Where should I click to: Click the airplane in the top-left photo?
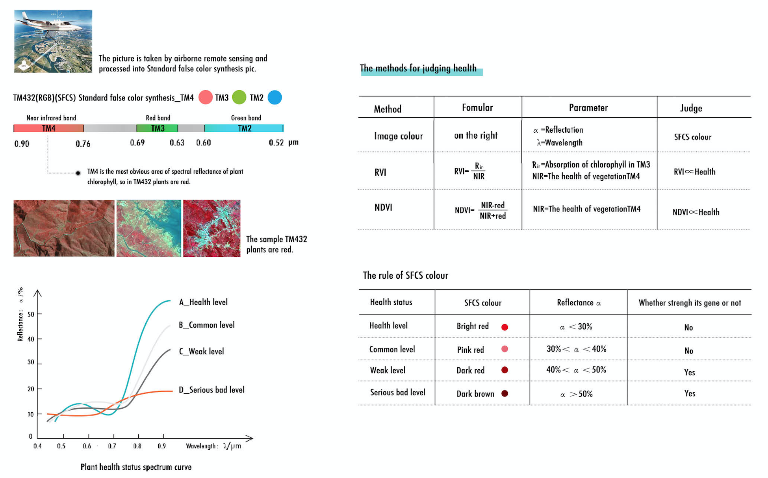coord(51,24)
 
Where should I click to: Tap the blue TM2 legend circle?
coord(275,97)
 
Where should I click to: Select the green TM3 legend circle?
coord(239,97)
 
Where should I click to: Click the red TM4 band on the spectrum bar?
coord(48,128)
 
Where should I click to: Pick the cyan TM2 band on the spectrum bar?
coord(244,128)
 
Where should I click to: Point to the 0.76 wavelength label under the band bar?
coord(83,144)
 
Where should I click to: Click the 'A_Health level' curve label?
coord(203,302)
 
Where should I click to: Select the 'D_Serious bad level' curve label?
coord(211,390)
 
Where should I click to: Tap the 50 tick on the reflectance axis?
coord(31,314)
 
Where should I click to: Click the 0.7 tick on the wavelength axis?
coord(112,446)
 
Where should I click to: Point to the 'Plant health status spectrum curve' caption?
coord(136,467)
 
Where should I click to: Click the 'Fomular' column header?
coord(477,107)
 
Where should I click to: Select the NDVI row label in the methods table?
coord(383,208)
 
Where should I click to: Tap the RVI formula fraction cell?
coord(469,171)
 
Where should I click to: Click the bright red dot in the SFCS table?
coord(505,327)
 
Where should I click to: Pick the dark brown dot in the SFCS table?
coord(505,393)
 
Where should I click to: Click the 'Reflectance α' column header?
coord(579,302)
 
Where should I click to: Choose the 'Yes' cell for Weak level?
coord(690,372)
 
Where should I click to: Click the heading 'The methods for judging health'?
coord(418,69)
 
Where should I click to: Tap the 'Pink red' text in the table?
coord(470,350)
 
